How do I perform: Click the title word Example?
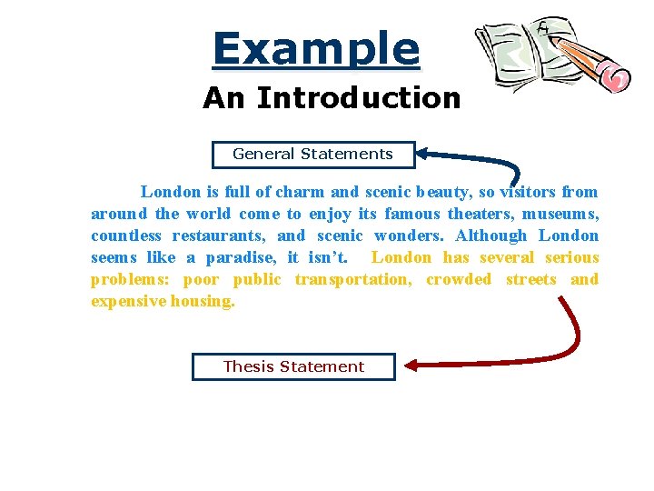(316, 49)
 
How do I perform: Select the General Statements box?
(313, 155)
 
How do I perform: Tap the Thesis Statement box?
(293, 366)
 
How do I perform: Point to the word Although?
(490, 235)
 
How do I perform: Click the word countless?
(124, 235)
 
